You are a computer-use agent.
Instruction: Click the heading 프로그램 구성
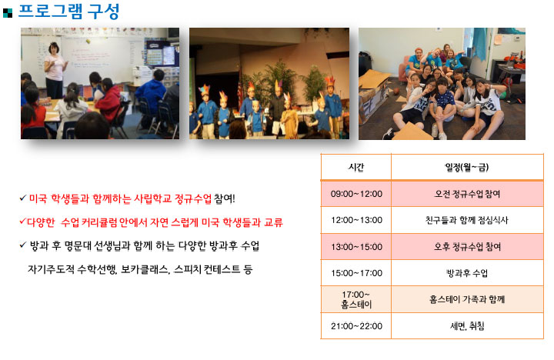pos(68,12)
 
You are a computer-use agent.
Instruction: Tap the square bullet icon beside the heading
pos(8,13)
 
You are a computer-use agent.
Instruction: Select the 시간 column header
pos(355,167)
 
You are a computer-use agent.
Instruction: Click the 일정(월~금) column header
pos(467,167)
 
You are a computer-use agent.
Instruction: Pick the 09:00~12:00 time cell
pos(356,194)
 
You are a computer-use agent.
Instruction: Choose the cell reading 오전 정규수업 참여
pos(467,194)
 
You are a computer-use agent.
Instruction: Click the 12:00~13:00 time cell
pos(356,220)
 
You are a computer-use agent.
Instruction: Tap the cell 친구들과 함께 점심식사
pos(467,220)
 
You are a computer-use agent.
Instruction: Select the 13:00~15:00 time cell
pos(356,247)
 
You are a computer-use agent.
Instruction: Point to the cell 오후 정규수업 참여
pos(467,247)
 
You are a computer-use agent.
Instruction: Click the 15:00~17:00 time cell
pos(356,273)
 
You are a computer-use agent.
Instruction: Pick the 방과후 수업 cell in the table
pos(467,273)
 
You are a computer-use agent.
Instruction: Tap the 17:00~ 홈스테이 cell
pos(356,299)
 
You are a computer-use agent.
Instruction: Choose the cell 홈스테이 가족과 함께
pos(467,299)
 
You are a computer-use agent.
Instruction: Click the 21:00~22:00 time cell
pos(356,326)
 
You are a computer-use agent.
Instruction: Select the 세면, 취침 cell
pos(467,326)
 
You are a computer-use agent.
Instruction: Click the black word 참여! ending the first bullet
pos(224,198)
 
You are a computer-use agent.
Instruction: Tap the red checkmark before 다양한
pos(23,222)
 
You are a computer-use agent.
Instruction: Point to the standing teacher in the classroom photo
pos(55,70)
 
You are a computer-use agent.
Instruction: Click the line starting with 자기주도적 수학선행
pos(140,270)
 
